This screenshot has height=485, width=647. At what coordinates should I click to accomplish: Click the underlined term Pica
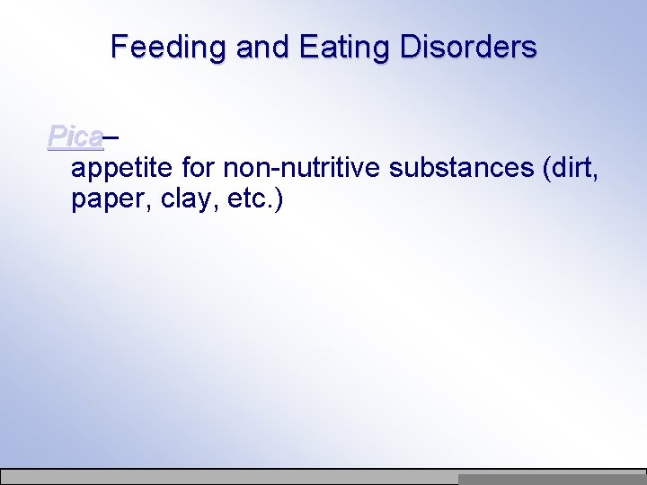[x=75, y=137]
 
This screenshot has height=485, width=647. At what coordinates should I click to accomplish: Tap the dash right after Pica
[x=112, y=138]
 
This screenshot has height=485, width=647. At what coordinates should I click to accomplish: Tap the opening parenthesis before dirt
[x=547, y=169]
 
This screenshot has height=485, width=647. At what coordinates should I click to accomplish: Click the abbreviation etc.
[x=249, y=199]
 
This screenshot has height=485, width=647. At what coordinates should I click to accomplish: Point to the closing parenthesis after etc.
[x=279, y=199]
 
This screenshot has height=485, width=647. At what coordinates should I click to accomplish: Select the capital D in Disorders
[x=410, y=47]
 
